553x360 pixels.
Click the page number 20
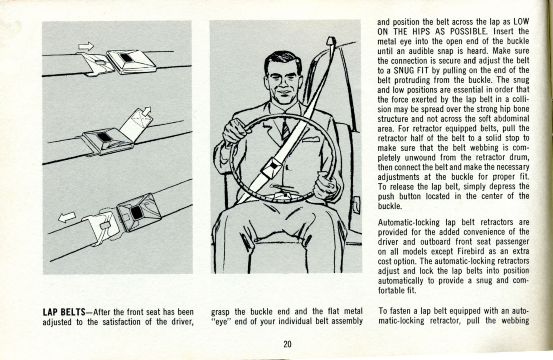point(287,344)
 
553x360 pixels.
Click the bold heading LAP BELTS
point(64,312)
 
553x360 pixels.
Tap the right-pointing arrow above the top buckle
point(86,46)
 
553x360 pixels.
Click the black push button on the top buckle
point(126,58)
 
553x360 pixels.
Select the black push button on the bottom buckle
point(136,213)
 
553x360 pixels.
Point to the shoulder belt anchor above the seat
point(331,42)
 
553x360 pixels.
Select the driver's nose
point(284,82)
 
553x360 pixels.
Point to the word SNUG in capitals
point(405,70)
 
